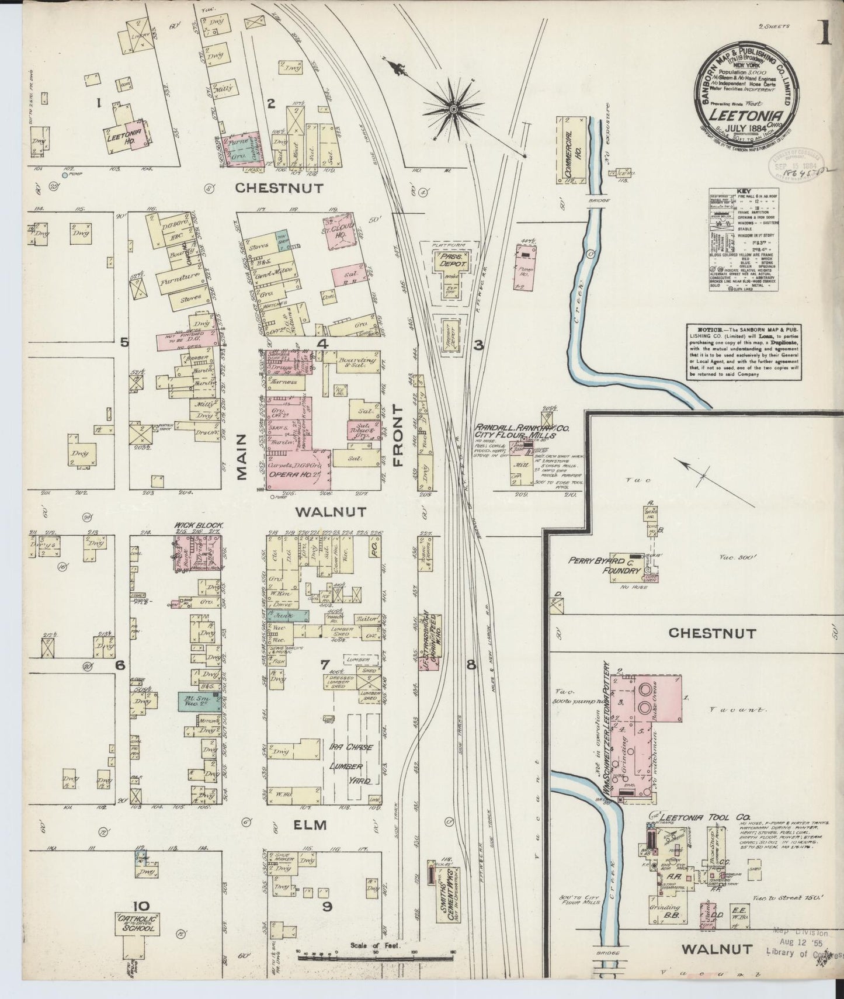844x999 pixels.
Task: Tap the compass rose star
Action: click(x=453, y=108)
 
